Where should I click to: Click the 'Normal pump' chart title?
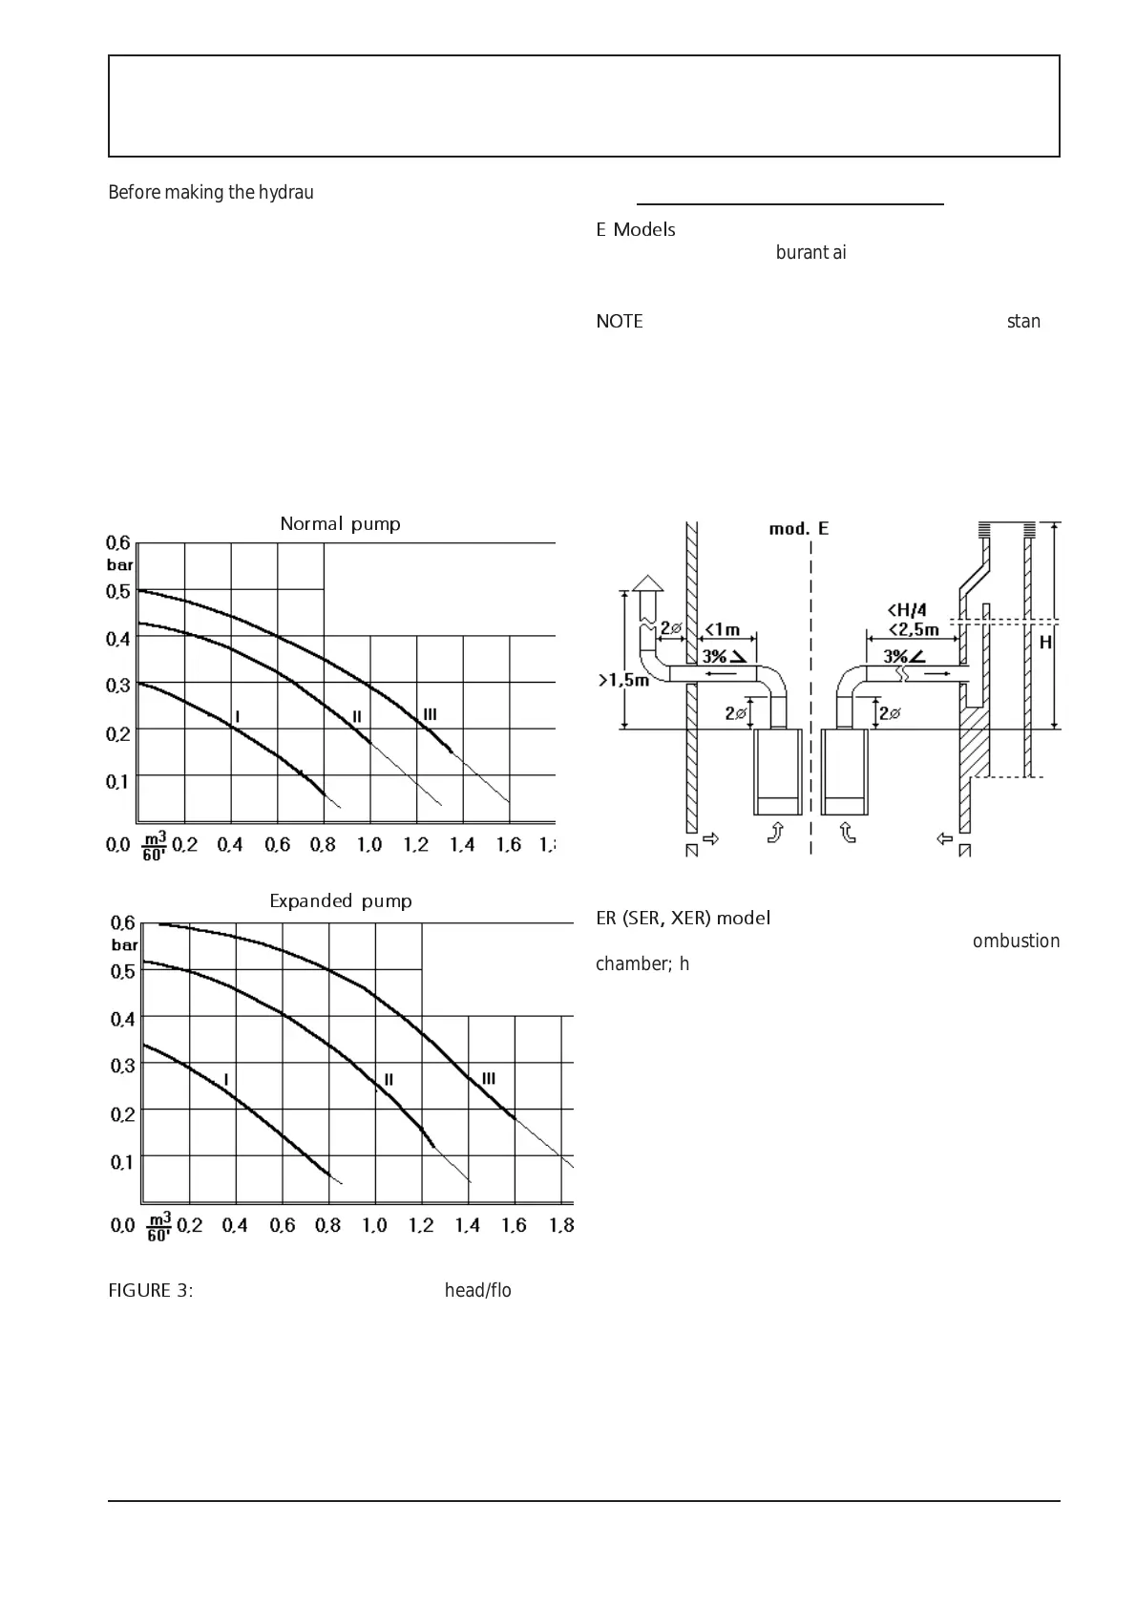point(340,524)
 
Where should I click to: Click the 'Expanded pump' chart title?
point(340,901)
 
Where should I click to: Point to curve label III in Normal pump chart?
point(430,714)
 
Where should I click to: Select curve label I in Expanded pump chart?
point(226,1079)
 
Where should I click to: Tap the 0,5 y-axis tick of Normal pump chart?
point(118,591)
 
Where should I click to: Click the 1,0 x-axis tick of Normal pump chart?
point(369,844)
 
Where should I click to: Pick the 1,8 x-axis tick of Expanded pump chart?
point(561,1225)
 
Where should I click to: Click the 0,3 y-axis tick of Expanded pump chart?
point(123,1066)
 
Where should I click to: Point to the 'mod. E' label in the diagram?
point(799,529)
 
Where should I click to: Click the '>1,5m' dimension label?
point(622,680)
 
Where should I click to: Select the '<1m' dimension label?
point(722,629)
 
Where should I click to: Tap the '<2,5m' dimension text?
point(913,629)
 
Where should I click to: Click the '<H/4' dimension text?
point(907,610)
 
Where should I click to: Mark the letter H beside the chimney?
point(1045,643)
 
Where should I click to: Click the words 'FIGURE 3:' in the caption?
point(151,1291)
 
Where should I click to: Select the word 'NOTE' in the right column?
point(620,322)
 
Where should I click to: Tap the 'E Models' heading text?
point(636,230)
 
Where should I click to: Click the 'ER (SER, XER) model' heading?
point(683,919)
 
